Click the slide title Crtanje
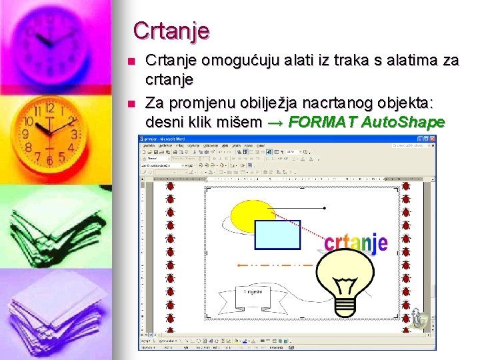(171, 30)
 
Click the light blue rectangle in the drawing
(278, 235)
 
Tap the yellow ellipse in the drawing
(250, 215)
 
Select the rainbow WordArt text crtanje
(355, 241)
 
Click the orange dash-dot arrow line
(273, 265)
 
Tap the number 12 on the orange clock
(48, 108)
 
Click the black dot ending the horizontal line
(324, 209)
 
